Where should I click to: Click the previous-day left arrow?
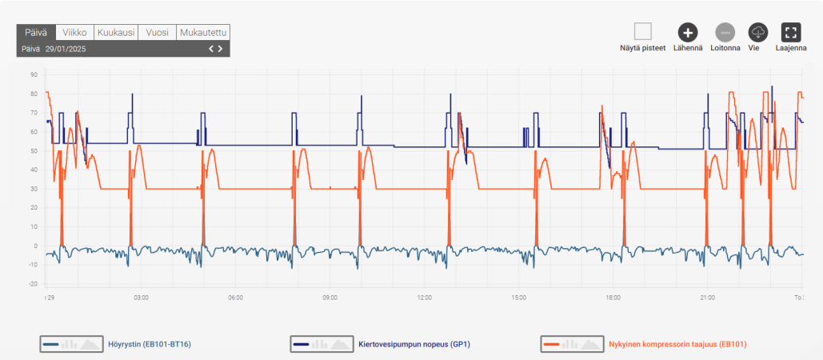(x=212, y=49)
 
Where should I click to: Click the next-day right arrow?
(x=221, y=49)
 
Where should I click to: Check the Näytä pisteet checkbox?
(x=642, y=32)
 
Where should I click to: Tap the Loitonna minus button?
(x=725, y=32)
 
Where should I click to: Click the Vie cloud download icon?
(x=758, y=32)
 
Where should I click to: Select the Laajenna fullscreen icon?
(x=791, y=32)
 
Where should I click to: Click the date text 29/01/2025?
(x=66, y=50)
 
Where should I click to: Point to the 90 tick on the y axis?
(x=34, y=75)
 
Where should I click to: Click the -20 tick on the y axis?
(x=34, y=284)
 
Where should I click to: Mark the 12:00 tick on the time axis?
(x=425, y=298)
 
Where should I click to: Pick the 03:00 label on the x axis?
(x=142, y=298)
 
